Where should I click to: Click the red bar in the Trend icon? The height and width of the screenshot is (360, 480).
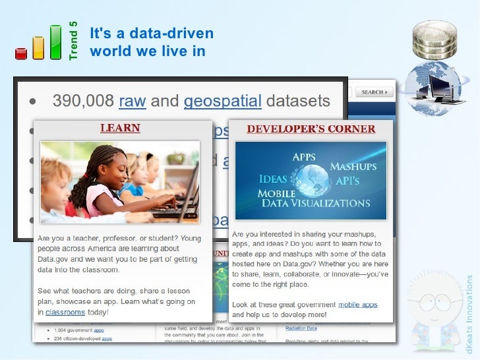point(20,53)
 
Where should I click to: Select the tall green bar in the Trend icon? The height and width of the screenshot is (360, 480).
point(56,42)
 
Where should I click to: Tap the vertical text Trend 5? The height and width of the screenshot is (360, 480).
point(73,41)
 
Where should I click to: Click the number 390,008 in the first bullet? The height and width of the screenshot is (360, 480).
point(82,102)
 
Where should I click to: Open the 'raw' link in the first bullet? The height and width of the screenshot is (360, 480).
point(132,102)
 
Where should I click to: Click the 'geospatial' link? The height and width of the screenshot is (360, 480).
point(222,102)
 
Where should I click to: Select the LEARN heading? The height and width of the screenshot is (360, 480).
point(120,128)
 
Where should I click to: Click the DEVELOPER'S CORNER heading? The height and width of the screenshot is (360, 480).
point(311,129)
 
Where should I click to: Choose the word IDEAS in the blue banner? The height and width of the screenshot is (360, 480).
point(273,179)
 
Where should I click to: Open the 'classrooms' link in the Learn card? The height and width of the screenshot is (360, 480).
point(65,312)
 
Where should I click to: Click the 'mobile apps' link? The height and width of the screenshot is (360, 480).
point(357,305)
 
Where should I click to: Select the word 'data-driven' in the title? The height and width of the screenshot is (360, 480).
point(165,34)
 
